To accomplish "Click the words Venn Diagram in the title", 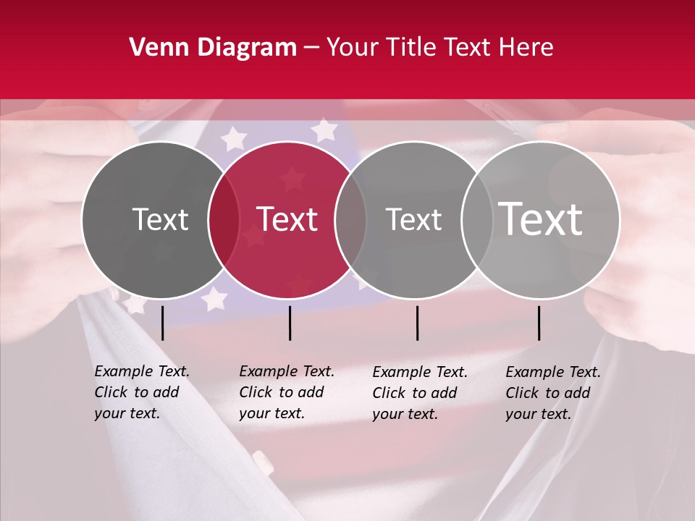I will [213, 48].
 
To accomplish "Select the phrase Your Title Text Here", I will [439, 48].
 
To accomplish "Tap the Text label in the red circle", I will [287, 219].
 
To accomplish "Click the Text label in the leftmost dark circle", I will [160, 219].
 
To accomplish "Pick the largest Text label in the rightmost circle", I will [541, 219].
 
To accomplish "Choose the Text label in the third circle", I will [413, 219].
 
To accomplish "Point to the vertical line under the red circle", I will [290, 323].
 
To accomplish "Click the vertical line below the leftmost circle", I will [162, 323].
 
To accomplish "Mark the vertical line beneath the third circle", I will [418, 323].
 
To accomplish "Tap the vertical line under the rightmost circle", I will [539, 323].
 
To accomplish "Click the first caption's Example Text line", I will [142, 371].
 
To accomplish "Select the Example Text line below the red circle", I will [287, 371].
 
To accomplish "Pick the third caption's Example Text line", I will [420, 372].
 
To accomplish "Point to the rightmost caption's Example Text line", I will [553, 372].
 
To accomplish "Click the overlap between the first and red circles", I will [224, 219].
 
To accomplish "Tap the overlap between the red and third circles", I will [350, 219].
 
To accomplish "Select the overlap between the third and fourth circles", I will [477, 219].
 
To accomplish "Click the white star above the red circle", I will [324, 130].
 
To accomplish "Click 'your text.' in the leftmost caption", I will [127, 413].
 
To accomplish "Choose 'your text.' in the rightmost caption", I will [538, 414].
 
